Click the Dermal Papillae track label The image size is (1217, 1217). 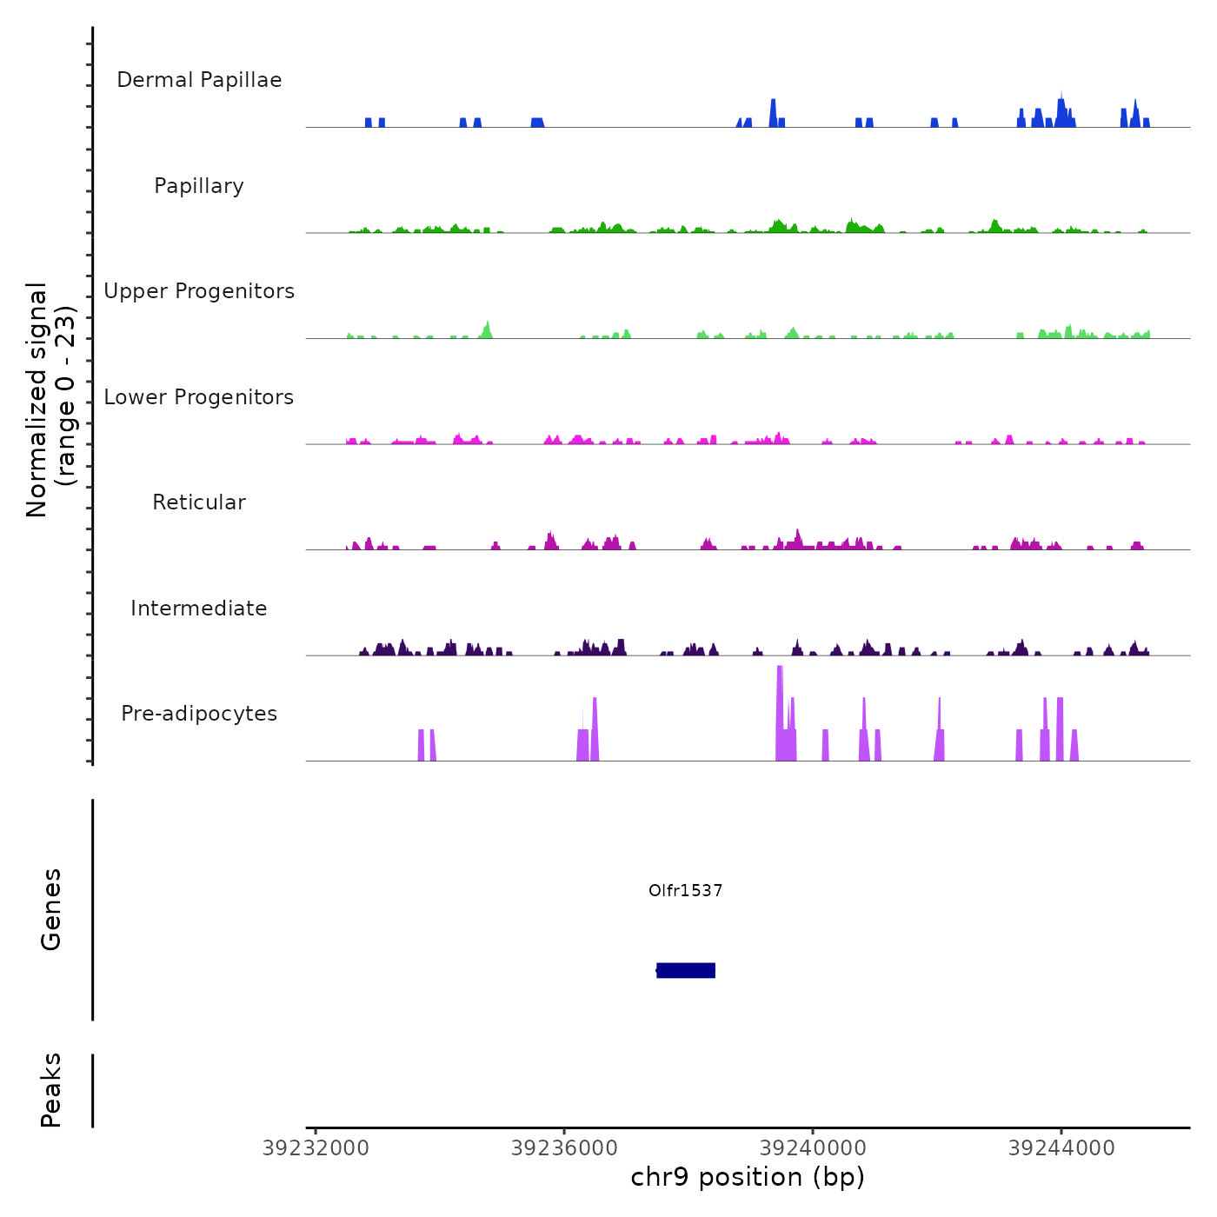coord(199,80)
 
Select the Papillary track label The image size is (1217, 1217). coord(199,186)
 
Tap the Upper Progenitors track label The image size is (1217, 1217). coord(199,291)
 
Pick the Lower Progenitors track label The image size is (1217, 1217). coord(199,397)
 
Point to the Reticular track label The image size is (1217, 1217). coord(199,502)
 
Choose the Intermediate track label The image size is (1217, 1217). coord(199,608)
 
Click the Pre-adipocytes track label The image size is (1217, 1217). coord(199,714)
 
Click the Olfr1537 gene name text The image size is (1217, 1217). coord(685,890)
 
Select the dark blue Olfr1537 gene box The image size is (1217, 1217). coord(686,970)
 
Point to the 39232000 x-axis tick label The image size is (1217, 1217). coord(316,1148)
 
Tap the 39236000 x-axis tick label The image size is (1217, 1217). coord(564,1148)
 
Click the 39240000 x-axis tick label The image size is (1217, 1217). coord(813,1148)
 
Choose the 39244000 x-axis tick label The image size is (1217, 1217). coord(1061,1148)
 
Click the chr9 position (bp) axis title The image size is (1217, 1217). coord(748,1177)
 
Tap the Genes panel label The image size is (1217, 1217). coord(51,909)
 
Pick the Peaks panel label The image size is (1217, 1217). coord(51,1090)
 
